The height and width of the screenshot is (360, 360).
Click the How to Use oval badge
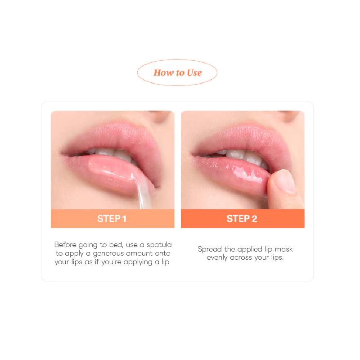click(x=177, y=72)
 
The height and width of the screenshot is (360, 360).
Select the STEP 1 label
click(x=112, y=219)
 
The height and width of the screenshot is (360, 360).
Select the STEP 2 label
click(x=242, y=219)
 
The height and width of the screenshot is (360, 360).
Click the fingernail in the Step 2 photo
click(x=284, y=182)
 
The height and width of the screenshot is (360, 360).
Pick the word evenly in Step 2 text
click(x=217, y=258)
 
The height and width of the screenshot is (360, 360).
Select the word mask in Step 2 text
click(x=284, y=249)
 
